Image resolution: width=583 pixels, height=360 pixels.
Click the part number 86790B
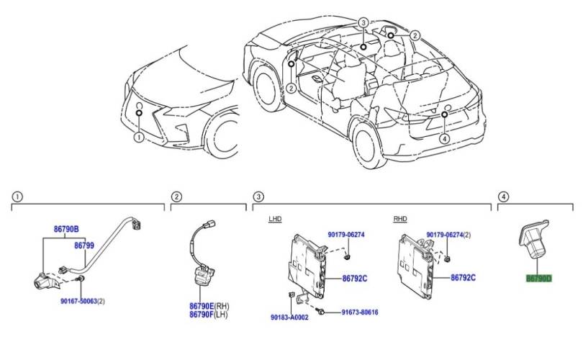[66, 230]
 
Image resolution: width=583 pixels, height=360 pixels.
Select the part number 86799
[84, 245]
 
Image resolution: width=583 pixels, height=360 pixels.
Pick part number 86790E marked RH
[205, 305]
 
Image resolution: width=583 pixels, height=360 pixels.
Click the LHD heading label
[276, 218]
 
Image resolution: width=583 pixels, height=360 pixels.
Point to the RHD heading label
[400, 218]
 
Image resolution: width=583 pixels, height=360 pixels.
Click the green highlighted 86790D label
[538, 278]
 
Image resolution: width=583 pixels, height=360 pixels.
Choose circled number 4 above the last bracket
[503, 197]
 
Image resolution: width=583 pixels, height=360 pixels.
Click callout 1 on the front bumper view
[139, 135]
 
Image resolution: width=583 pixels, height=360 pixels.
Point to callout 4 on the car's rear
[445, 138]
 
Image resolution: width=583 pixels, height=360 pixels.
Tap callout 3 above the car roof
[363, 23]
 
